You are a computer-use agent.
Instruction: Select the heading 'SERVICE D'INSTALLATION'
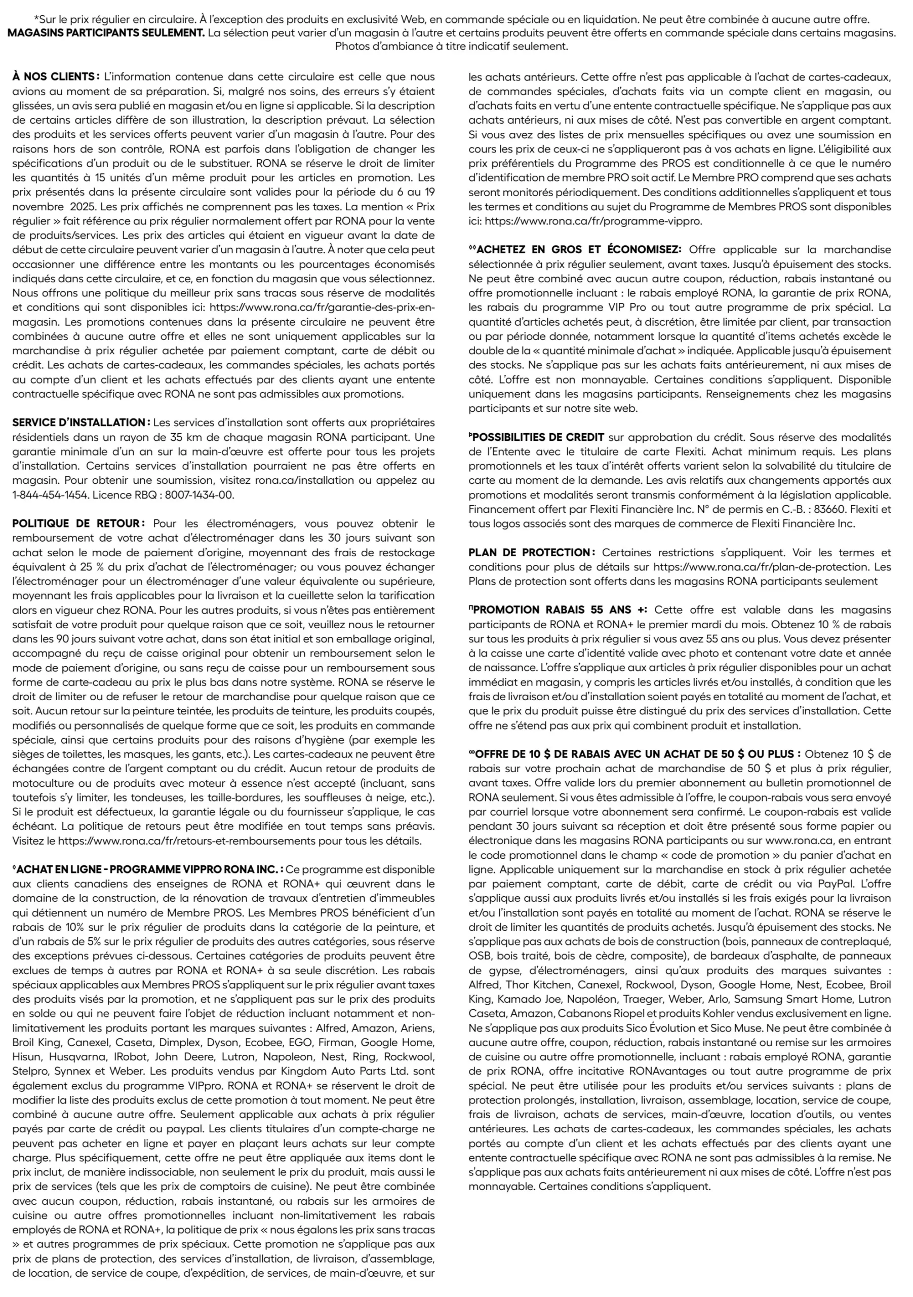click(80, 422)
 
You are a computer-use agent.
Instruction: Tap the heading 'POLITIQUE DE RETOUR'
click(78, 524)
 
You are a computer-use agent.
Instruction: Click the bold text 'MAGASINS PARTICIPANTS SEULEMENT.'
click(106, 33)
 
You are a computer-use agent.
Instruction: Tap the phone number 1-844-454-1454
click(50, 495)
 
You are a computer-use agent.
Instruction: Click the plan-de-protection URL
click(757, 566)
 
